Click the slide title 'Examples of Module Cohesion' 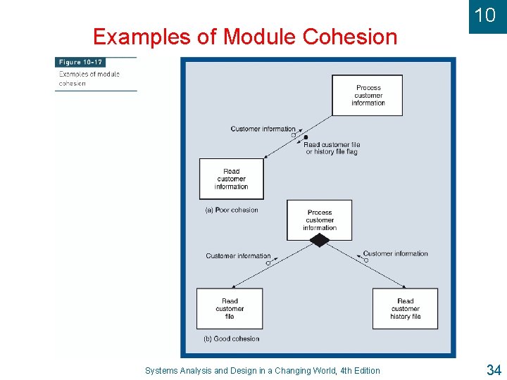point(245,37)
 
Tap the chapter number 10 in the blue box point(484,15)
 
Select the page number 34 point(493,369)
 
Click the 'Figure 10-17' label point(80,63)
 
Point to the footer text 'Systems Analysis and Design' point(262,371)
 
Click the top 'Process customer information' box point(368,96)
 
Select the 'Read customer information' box point(231,179)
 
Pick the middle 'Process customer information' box point(319,220)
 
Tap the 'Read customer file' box point(230,308)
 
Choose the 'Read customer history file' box point(405,308)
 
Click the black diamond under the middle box point(320,241)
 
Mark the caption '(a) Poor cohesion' point(232,210)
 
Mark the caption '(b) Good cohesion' point(232,338)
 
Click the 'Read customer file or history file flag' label point(331,148)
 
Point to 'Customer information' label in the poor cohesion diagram point(263,129)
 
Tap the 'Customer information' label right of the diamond point(395,253)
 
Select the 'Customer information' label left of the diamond point(238,255)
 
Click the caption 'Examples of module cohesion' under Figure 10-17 point(89,78)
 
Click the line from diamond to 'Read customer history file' point(366,265)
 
